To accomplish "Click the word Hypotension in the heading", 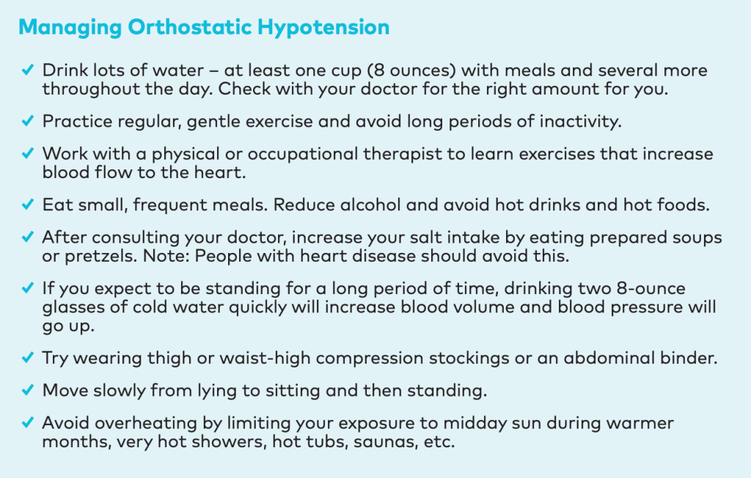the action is point(323,28).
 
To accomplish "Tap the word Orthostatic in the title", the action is point(190,27).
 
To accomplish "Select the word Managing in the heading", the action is point(70,28).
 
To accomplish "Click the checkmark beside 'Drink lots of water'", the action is point(28,70).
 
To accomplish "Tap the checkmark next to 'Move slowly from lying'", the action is point(28,390).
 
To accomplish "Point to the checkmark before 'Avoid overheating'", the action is point(28,422).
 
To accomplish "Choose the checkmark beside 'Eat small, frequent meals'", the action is point(28,205).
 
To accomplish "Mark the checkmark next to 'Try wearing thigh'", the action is point(28,358).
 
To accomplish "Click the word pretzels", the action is point(100,257).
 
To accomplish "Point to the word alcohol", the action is point(370,205).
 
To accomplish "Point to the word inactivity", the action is point(581,122).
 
